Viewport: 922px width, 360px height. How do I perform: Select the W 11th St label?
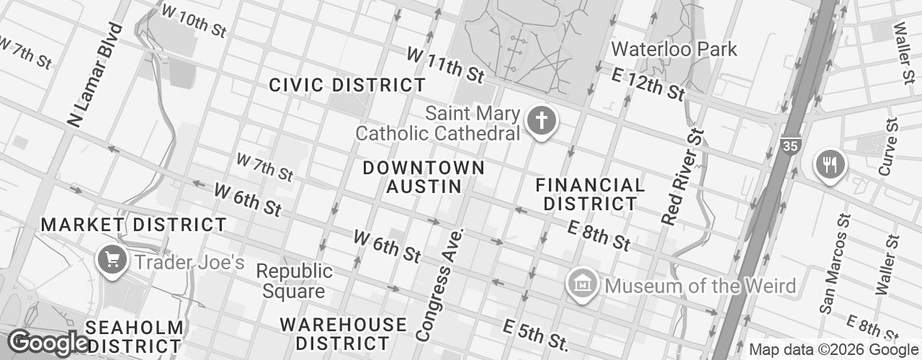[x=445, y=64]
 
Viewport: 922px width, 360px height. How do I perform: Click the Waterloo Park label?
[x=674, y=49]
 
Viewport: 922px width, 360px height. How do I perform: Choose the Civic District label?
[x=347, y=85]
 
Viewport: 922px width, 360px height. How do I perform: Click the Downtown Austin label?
[x=424, y=177]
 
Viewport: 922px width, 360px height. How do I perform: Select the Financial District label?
[x=591, y=194]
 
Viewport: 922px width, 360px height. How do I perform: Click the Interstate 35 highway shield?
[x=789, y=146]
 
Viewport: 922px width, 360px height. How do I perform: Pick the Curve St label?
[x=888, y=146]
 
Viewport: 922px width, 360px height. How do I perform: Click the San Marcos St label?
[x=836, y=261]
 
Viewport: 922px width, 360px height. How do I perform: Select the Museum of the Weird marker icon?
[x=581, y=283]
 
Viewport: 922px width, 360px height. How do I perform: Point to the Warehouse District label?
[x=344, y=333]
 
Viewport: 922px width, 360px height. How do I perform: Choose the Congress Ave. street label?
[x=442, y=284]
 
